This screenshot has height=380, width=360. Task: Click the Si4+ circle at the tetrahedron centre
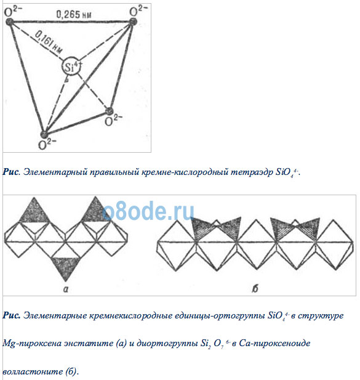click(71, 67)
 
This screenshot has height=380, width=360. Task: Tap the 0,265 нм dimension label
click(74, 15)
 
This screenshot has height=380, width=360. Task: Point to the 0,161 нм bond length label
click(49, 42)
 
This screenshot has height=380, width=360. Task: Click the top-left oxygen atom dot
click(9, 22)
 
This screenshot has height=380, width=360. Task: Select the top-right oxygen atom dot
click(133, 22)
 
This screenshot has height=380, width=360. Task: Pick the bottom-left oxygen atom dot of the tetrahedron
click(44, 134)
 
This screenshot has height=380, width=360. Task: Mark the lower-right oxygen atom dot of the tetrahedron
click(109, 111)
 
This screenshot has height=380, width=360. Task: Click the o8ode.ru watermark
click(148, 211)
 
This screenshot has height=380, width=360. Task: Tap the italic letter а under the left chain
click(66, 289)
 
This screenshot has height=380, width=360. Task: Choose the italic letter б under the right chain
click(255, 288)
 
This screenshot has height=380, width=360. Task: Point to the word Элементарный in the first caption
click(55, 172)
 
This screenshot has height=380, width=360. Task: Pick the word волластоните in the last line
click(33, 371)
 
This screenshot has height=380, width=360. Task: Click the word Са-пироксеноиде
click(274, 343)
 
